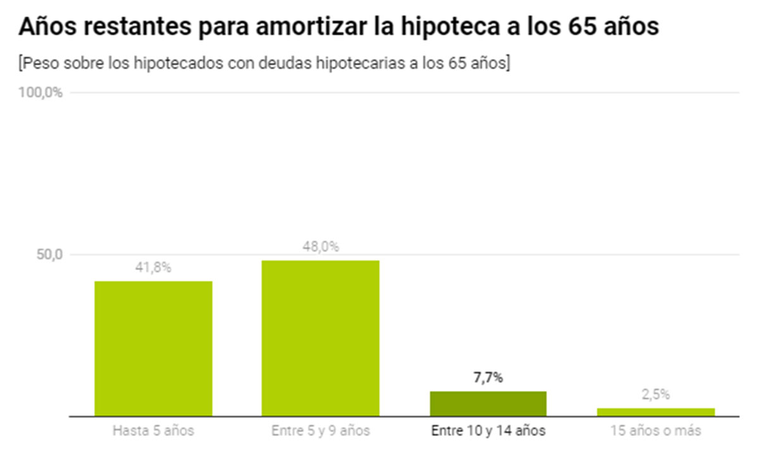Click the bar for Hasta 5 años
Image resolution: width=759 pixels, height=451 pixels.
coord(153,349)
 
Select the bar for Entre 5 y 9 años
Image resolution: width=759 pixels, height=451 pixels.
coord(321,338)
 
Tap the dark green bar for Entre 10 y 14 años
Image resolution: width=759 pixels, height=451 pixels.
coord(488,404)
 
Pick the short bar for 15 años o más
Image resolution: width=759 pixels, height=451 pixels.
coord(655,412)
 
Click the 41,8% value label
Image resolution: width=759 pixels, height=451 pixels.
coord(154,268)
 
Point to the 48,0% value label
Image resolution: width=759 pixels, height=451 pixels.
coord(321,247)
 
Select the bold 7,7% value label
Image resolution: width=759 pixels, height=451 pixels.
coord(488,378)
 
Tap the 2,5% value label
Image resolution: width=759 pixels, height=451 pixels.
coord(655,395)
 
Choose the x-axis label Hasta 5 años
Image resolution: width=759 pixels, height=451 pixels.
coord(153,431)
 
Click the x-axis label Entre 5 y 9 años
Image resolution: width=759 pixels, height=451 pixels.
coord(321,431)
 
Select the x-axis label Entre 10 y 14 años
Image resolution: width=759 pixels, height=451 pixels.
coord(488,431)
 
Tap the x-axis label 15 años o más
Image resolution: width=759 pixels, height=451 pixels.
coord(655,431)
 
